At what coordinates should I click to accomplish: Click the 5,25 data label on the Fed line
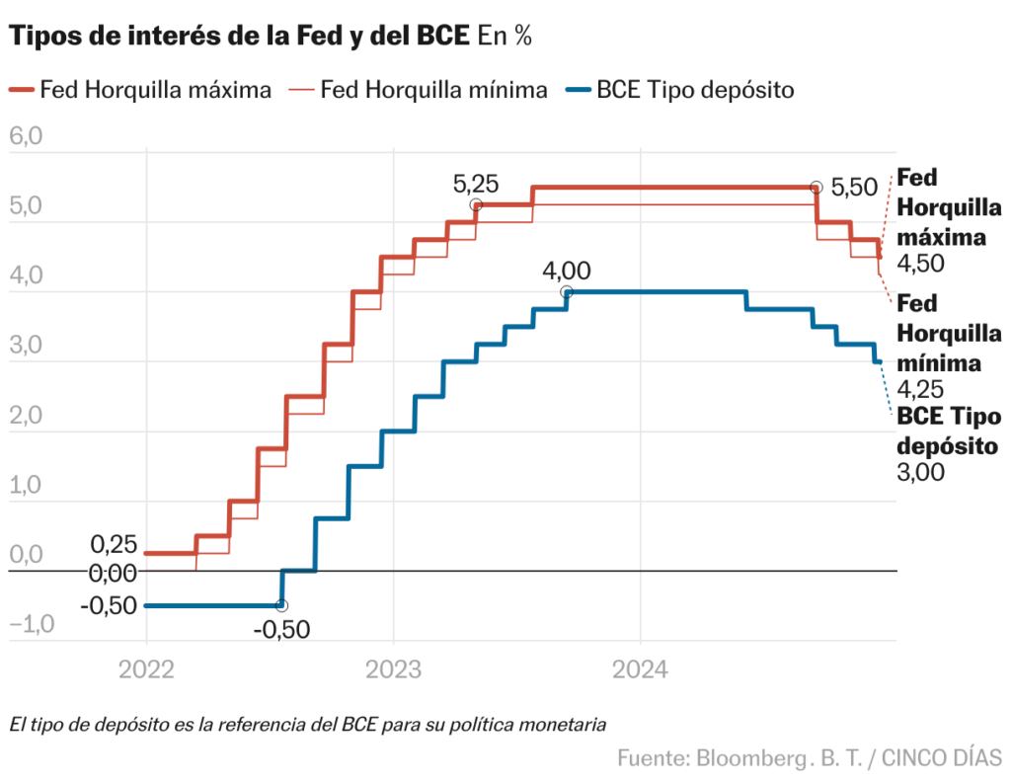click(x=475, y=183)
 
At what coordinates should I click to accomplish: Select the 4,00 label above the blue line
click(x=567, y=271)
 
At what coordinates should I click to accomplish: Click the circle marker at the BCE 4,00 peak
click(x=567, y=292)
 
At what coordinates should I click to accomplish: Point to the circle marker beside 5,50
click(x=816, y=188)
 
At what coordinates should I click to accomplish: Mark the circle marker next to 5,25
click(x=476, y=204)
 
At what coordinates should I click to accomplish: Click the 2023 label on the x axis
click(x=394, y=669)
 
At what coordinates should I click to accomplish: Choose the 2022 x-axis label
click(x=146, y=669)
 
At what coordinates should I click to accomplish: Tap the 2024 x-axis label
click(x=641, y=669)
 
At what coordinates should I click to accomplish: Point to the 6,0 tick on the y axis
click(x=26, y=137)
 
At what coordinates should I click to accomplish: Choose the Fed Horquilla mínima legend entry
click(x=419, y=90)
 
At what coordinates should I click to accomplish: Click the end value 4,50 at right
click(x=920, y=263)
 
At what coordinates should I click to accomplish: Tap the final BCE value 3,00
click(x=920, y=472)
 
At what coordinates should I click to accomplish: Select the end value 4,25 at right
click(x=920, y=388)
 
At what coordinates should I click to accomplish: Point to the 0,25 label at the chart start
click(x=114, y=544)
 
